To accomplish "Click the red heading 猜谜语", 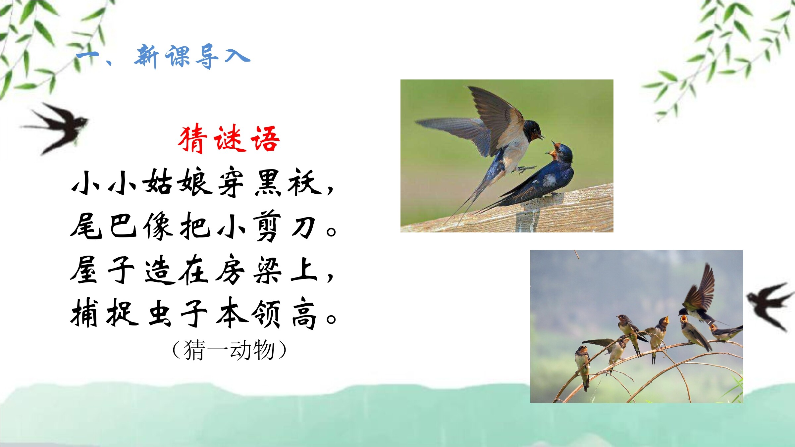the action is pos(229,139).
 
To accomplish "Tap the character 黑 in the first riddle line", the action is pos(268,183).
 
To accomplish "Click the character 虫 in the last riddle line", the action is pos(160,314).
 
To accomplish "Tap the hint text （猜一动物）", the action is pos(229,350).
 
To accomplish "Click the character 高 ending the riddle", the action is pos(304,315).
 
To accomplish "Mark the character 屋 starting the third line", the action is pos(83,270).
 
